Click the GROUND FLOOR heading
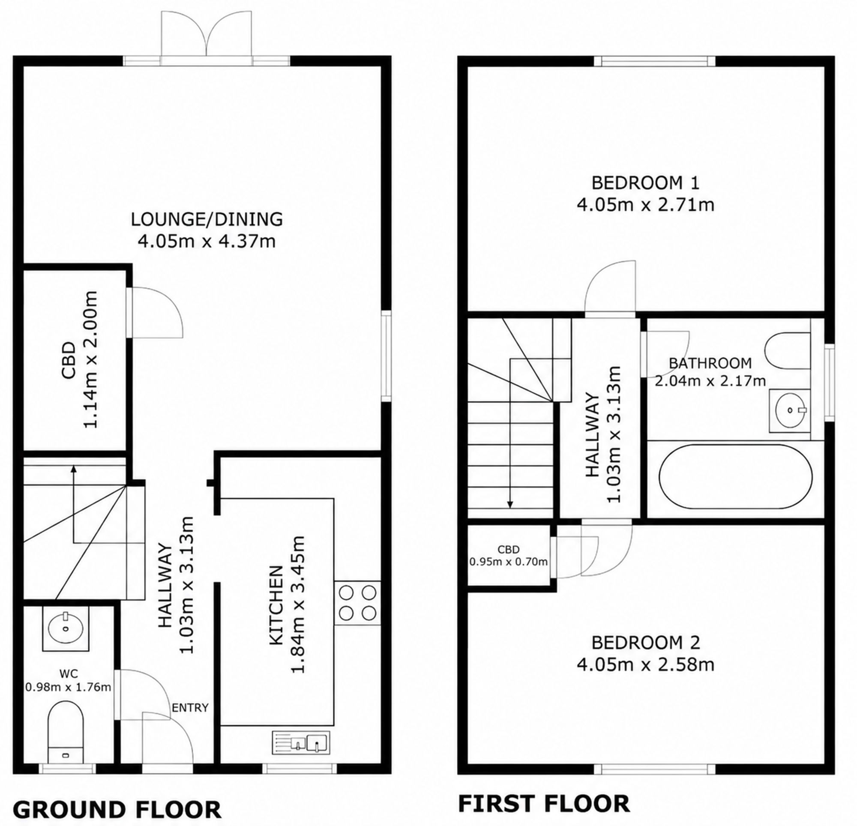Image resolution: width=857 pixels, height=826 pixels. [117, 809]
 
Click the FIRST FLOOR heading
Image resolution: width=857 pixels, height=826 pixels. [544, 804]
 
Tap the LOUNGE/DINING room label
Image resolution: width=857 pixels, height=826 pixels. [207, 219]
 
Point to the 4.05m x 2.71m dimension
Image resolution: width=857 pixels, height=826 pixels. [645, 204]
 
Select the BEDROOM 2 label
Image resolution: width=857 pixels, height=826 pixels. [645, 642]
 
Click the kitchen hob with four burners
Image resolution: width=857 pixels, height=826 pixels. [357, 603]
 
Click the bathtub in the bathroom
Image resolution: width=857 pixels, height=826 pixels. [735, 477]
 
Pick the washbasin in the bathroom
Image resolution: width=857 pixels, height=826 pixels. [790, 410]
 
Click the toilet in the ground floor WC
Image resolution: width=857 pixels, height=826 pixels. [65, 733]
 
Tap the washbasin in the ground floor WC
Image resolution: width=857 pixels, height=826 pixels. [66, 628]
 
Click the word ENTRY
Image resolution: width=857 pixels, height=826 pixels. [190, 707]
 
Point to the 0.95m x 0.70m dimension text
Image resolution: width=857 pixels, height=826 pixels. [509, 562]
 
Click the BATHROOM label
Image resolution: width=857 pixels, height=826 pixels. [710, 363]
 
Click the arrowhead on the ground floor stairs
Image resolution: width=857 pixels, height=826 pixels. [74, 469]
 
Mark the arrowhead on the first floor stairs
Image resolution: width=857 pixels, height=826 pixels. [510, 504]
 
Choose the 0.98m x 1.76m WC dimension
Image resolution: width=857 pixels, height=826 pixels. [68, 687]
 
